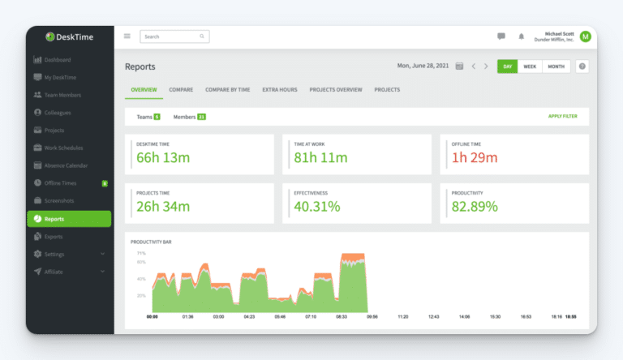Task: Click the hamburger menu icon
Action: (x=127, y=36)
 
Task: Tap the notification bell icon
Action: (x=521, y=36)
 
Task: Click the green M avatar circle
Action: (x=585, y=36)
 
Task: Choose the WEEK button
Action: (x=529, y=66)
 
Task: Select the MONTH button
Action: (x=556, y=66)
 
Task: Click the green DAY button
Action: (x=507, y=66)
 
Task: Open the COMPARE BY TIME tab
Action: (x=227, y=90)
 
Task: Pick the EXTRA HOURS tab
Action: (x=281, y=90)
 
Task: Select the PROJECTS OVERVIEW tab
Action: (x=335, y=90)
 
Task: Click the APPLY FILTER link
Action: (x=562, y=117)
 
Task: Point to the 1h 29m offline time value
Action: (x=474, y=157)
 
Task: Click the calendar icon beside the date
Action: (x=460, y=66)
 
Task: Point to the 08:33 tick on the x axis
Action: (x=341, y=316)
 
